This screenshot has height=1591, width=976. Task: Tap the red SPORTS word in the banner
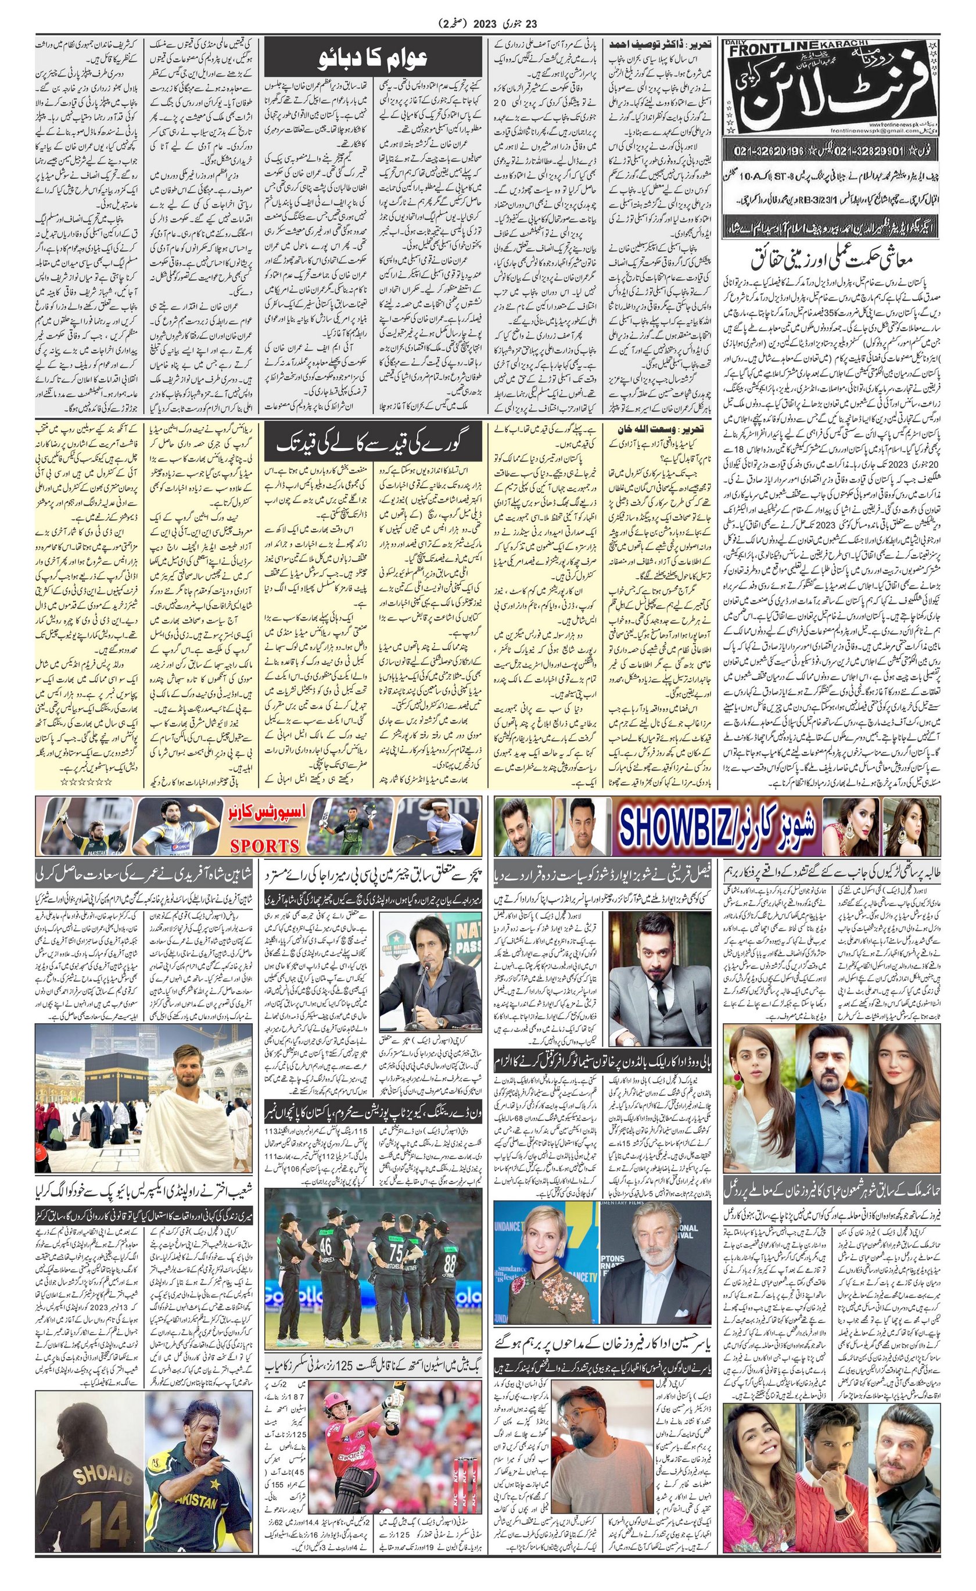pyautogui.click(x=265, y=845)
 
